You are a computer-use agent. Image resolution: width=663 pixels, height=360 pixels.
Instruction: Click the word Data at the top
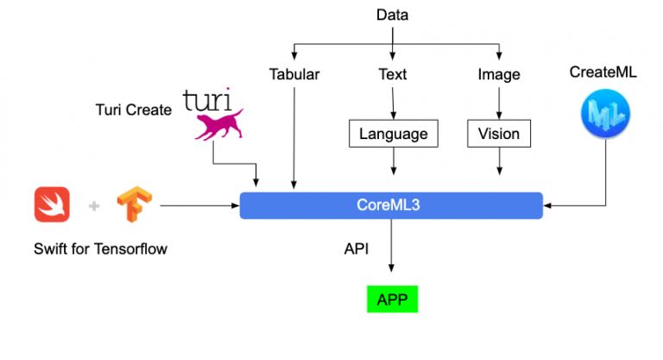pyautogui.click(x=393, y=15)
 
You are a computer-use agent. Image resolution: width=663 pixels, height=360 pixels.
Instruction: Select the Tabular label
pyautogui.click(x=294, y=74)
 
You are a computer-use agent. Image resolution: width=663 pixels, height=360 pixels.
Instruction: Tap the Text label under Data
pyautogui.click(x=393, y=74)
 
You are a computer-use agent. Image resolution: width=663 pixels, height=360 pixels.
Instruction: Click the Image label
pyautogui.click(x=499, y=74)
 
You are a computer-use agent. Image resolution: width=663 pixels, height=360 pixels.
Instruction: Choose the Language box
pyautogui.click(x=393, y=134)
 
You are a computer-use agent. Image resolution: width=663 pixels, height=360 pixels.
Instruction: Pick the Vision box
pyautogui.click(x=499, y=134)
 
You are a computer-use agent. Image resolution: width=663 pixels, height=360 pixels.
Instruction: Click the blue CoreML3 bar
pyautogui.click(x=391, y=205)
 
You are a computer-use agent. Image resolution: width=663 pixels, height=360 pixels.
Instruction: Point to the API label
pyautogui.click(x=357, y=249)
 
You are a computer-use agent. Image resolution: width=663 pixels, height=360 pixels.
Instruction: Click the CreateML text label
pyautogui.click(x=603, y=73)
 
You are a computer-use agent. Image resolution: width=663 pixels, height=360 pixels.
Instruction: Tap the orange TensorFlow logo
pyautogui.click(x=135, y=205)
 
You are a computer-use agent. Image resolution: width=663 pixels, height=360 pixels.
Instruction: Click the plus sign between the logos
pyautogui.click(x=94, y=206)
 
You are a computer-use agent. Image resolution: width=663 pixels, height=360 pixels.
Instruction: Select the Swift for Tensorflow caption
pyautogui.click(x=100, y=249)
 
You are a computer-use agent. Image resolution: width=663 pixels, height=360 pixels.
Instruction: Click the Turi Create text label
pyautogui.click(x=134, y=110)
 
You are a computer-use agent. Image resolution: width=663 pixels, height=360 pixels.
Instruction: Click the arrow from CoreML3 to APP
pyautogui.click(x=392, y=250)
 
